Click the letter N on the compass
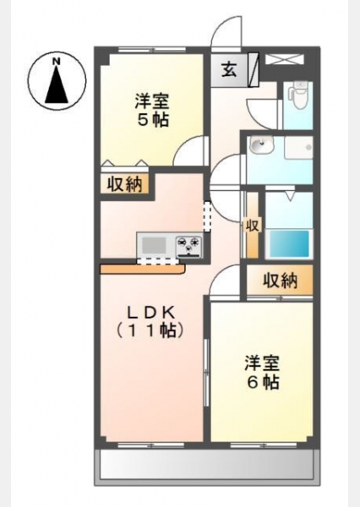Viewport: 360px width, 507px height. (57, 60)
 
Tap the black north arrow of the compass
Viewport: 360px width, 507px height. (57, 84)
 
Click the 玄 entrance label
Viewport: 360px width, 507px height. (229, 69)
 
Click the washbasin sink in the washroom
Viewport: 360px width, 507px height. (262, 145)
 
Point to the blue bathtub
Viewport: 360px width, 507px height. (288, 243)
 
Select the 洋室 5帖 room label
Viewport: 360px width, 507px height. (152, 110)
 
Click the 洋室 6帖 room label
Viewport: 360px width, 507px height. (262, 372)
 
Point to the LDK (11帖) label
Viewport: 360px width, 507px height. (150, 321)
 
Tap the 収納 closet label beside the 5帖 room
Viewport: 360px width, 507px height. (125, 184)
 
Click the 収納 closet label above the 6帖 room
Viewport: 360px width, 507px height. (280, 281)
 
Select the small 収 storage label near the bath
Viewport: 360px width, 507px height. (253, 226)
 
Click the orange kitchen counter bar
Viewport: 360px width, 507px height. (143, 269)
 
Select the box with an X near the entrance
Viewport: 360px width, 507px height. (285, 60)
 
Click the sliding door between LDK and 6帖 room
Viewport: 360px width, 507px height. (206, 373)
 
